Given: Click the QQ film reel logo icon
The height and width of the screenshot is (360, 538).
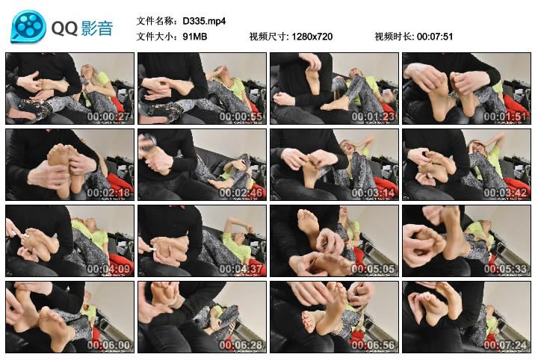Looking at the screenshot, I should point(28,28).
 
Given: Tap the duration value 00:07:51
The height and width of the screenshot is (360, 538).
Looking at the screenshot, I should point(434,36).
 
